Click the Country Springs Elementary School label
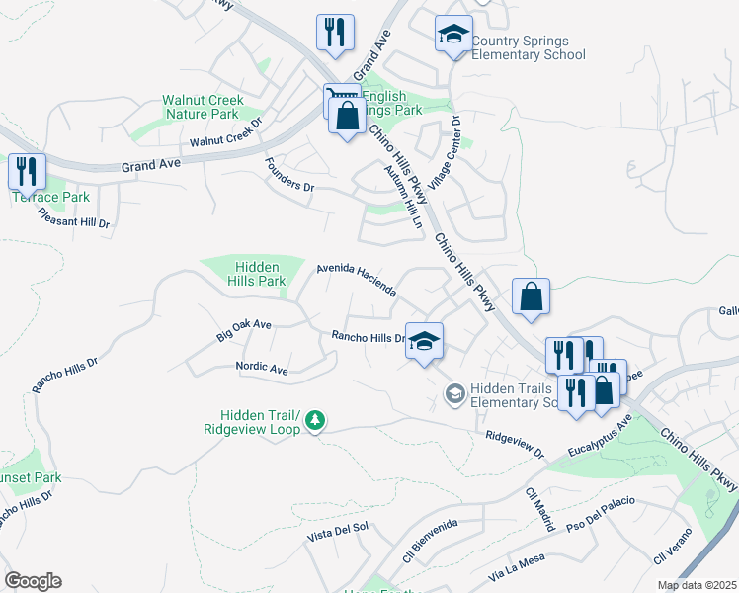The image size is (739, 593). click(x=528, y=47)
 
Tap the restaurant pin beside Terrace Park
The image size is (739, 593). click(x=27, y=172)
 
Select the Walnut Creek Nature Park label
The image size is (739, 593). click(x=201, y=107)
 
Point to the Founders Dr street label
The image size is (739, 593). click(x=288, y=179)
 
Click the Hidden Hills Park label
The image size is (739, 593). click(x=260, y=274)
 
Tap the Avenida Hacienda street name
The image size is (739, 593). click(x=356, y=280)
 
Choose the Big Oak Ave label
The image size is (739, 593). click(x=243, y=330)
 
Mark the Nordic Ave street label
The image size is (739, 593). click(x=261, y=368)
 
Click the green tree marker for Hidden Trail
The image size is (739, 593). click(x=315, y=421)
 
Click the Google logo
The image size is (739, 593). click(x=33, y=581)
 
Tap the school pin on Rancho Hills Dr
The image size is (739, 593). click(x=424, y=342)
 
